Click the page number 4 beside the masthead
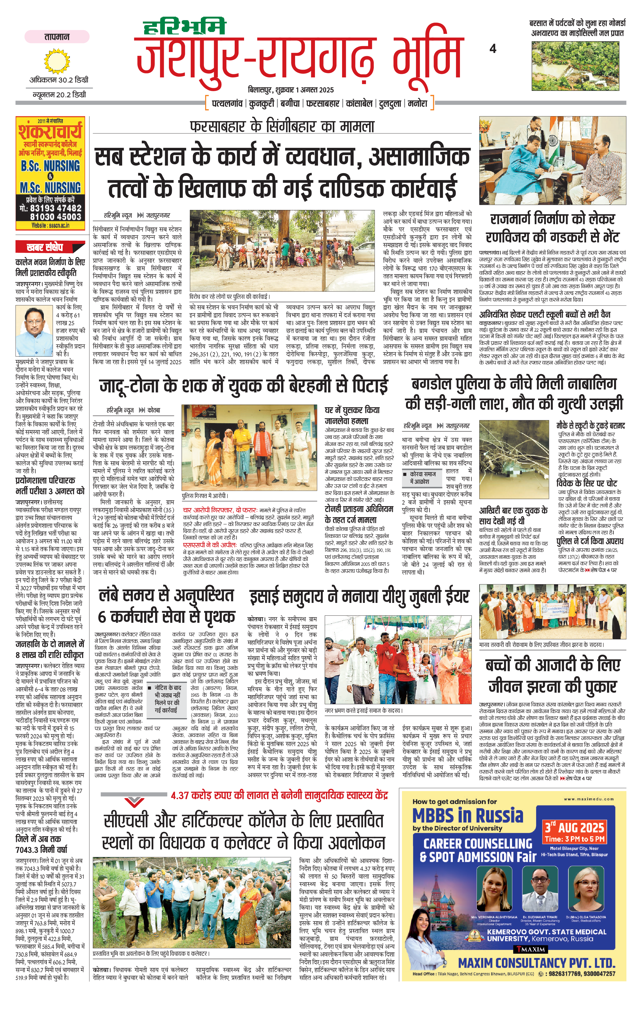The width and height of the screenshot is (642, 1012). pyautogui.click(x=492, y=49)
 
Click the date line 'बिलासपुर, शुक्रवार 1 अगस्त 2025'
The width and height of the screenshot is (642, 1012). pyautogui.click(x=291, y=90)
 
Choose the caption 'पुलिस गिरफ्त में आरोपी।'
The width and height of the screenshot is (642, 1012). pyautogui.click(x=205, y=496)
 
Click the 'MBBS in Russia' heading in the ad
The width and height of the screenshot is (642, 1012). pyautogui.click(x=468, y=816)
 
